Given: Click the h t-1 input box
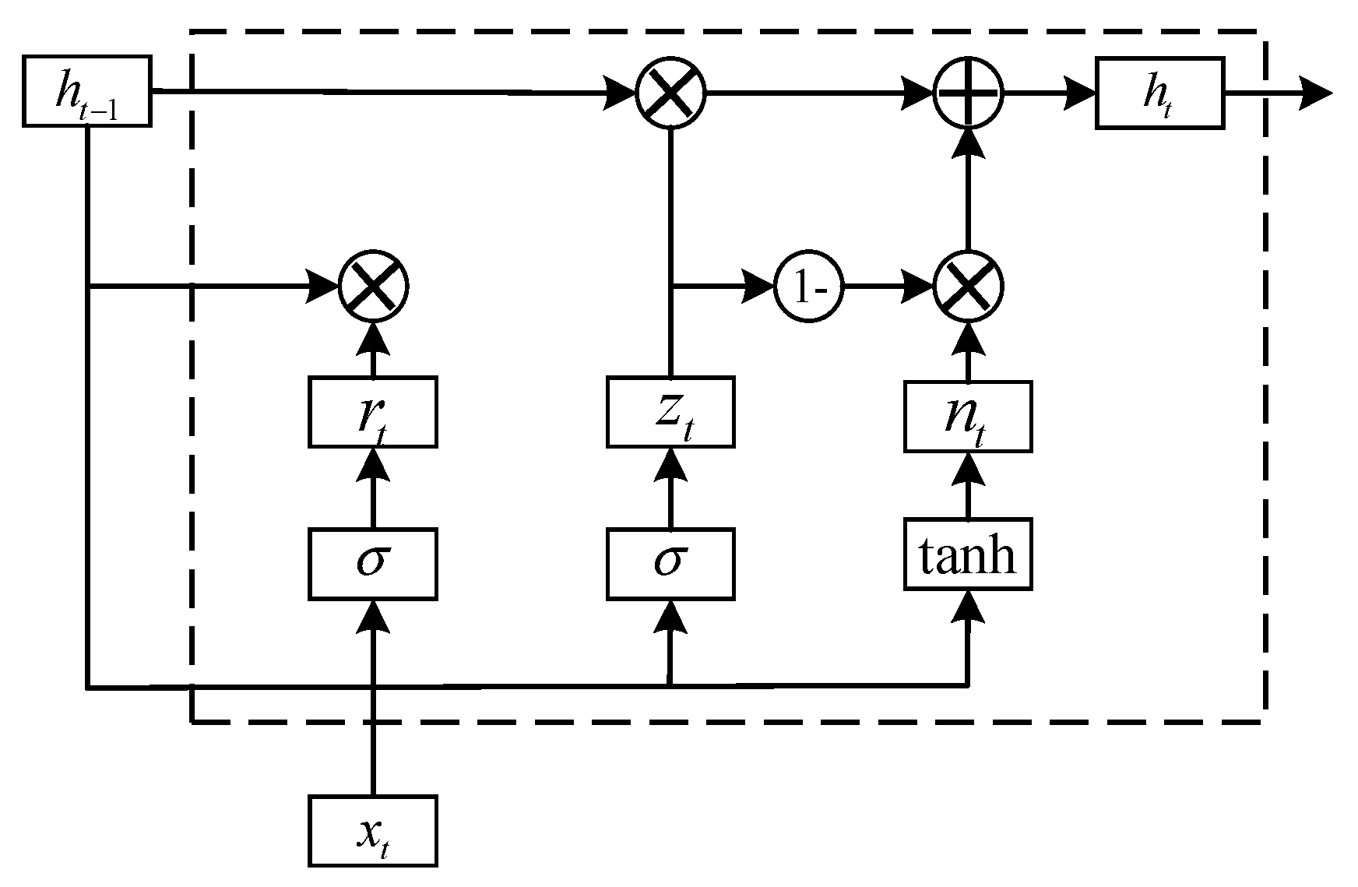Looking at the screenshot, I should point(86,91).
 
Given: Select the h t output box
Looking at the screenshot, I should point(1159,93).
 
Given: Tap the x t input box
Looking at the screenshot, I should point(372,830).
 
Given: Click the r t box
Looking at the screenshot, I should point(372,412).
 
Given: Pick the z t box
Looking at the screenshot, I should point(670,412).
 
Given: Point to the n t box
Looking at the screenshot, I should point(967,417).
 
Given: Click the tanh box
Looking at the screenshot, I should point(967,554).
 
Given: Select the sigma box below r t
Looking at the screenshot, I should point(372,564).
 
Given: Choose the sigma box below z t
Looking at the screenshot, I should point(670,564).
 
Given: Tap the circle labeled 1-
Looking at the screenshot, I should point(809,288).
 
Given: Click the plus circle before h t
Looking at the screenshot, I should point(968,93).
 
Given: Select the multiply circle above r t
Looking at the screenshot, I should point(374,287).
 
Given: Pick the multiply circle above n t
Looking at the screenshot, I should point(968,288).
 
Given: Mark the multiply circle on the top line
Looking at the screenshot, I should point(670,93).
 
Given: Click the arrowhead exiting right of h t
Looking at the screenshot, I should point(1316,93).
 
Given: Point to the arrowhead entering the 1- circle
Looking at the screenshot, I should point(759,287).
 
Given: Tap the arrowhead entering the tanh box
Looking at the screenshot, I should point(967,606).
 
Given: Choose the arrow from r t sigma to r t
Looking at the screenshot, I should point(372,487).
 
